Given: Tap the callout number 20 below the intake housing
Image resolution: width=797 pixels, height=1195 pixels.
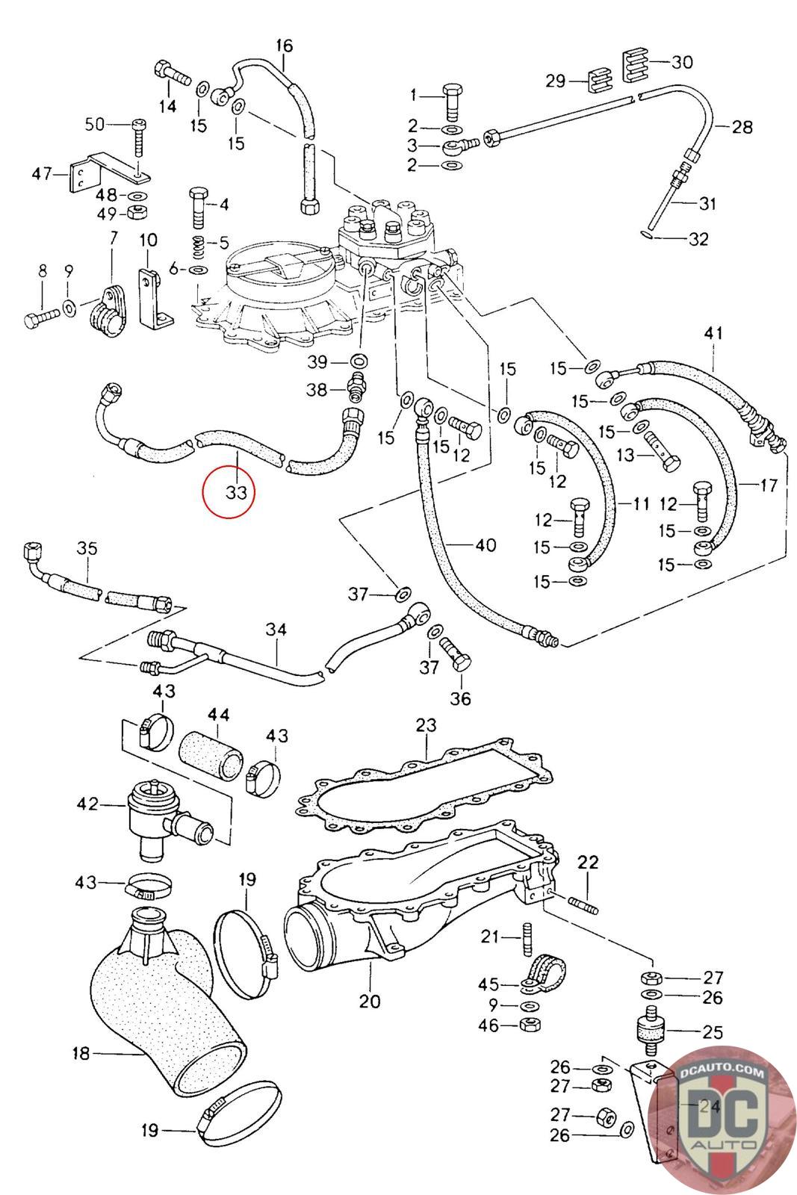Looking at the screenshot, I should (370, 1002).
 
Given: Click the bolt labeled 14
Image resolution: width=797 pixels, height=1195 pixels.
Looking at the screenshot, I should (171, 75).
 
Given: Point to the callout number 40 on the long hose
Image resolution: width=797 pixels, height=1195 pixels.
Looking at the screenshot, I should (486, 546).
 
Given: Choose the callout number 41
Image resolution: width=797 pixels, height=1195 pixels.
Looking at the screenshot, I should (713, 333).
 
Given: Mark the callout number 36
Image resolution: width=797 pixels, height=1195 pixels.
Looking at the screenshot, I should (461, 698).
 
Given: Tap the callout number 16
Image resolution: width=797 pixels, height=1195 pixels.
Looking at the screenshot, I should (285, 46).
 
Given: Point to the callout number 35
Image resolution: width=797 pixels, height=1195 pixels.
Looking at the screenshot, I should (87, 549).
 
